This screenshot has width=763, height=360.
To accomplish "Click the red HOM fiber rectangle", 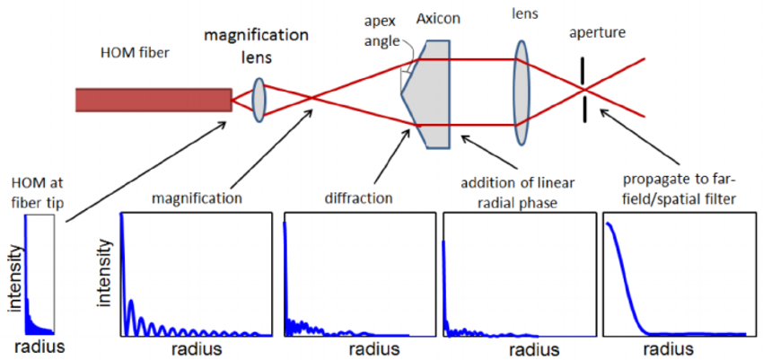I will tap(153, 99).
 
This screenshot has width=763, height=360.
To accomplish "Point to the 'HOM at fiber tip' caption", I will tap(35, 191).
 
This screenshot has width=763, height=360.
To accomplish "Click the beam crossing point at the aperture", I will tap(585, 90).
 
